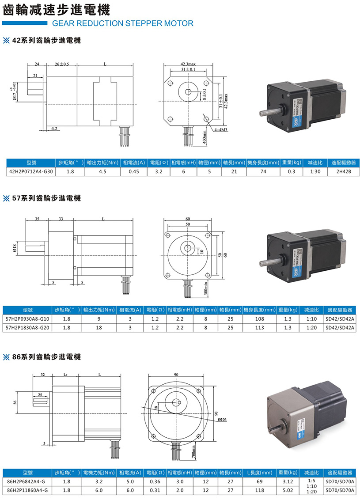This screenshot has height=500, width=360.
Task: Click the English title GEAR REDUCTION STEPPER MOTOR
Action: [122, 23]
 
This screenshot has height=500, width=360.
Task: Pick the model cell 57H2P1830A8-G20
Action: [27, 328]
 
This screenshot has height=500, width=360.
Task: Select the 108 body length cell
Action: [259, 318]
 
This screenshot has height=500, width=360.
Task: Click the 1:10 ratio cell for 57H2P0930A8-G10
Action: [311, 318]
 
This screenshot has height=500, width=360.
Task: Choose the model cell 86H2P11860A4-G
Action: [27, 490]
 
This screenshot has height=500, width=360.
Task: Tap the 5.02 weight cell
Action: [288, 490]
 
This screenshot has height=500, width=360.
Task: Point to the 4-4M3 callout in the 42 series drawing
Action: [220, 130]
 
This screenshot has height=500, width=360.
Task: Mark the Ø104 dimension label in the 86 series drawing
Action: [222, 420]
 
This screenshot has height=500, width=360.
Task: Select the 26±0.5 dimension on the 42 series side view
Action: [61, 64]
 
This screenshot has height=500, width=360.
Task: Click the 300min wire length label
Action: [205, 288]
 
